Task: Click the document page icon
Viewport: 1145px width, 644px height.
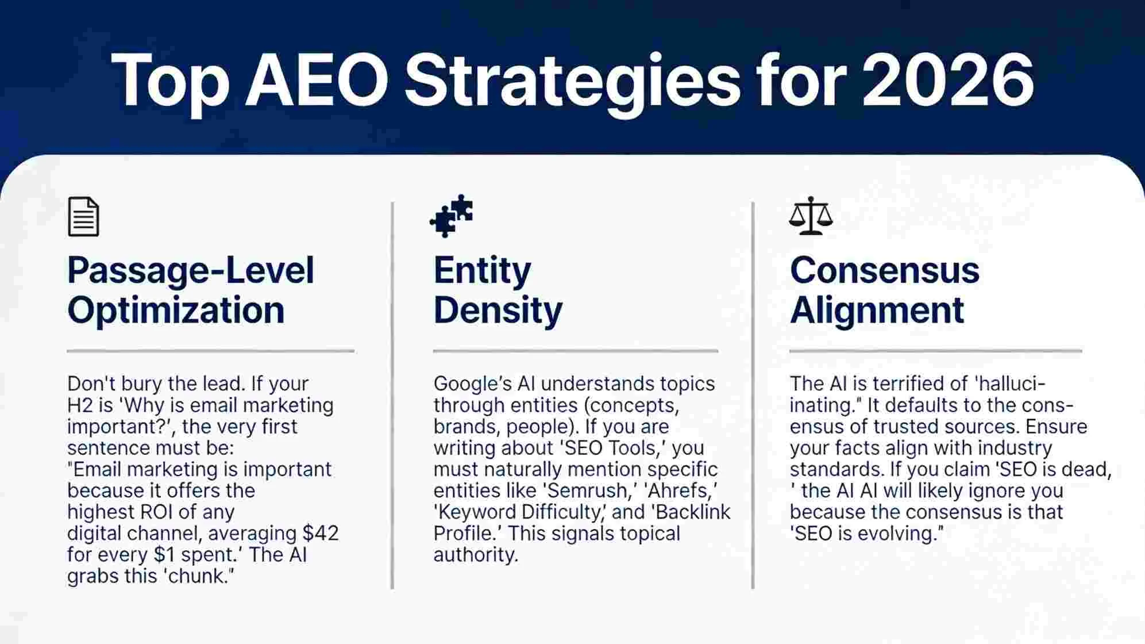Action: tap(83, 217)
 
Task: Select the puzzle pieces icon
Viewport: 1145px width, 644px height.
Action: tap(452, 216)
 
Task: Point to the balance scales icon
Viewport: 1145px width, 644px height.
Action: tap(810, 216)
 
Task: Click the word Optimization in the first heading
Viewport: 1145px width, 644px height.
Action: tap(176, 310)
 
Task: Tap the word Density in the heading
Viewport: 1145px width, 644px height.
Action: tap(498, 310)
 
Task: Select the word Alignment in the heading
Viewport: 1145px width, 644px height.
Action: tap(877, 310)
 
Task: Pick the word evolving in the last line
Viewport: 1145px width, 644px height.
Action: tap(897, 533)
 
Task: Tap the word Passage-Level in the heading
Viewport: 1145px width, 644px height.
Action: tap(190, 270)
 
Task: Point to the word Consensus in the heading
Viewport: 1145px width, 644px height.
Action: tap(884, 270)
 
